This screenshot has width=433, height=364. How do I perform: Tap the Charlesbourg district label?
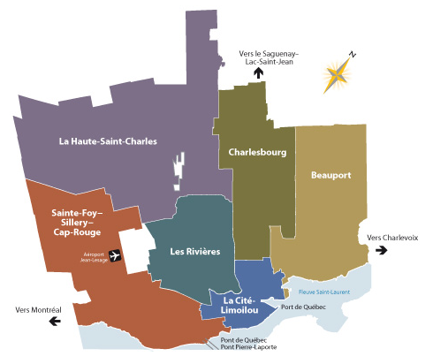257,152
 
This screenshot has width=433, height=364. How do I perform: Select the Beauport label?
331,175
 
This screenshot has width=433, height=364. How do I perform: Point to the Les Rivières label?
194,252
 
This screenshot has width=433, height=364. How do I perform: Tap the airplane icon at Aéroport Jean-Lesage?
114,257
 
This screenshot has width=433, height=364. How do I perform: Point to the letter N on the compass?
352,55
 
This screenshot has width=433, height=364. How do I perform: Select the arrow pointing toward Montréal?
56,322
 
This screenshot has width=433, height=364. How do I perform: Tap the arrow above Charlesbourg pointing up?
259,73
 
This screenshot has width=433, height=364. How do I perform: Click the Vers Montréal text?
38,309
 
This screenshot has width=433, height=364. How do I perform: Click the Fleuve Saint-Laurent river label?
324,292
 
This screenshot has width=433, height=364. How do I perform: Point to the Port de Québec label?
302,307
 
